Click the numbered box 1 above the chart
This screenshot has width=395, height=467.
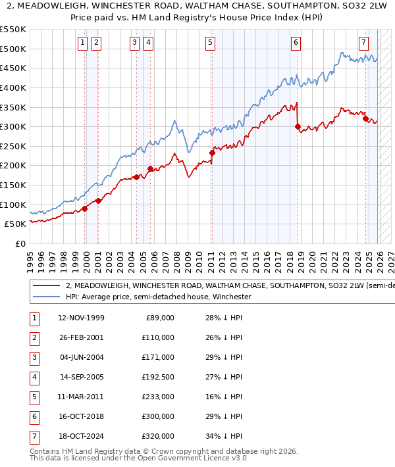[x=82, y=43]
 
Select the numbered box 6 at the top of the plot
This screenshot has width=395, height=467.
[x=296, y=43]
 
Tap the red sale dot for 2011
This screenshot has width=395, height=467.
[x=212, y=153]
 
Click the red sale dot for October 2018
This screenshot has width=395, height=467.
[x=298, y=126]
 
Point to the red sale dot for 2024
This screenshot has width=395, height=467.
[x=366, y=118]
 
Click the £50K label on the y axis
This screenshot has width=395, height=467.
[x=16, y=224]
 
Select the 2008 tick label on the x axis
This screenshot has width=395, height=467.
[x=176, y=257]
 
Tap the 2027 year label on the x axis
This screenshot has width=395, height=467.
[x=390, y=257]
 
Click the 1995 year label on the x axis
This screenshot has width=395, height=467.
[x=30, y=257]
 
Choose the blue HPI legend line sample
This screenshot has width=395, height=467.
[x=47, y=297]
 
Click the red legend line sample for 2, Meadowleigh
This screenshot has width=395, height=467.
[x=47, y=286]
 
